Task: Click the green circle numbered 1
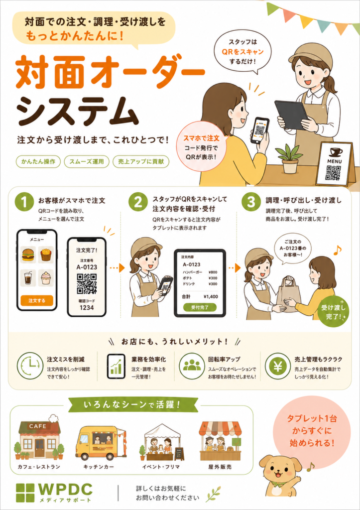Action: pyautogui.click(x=24, y=202)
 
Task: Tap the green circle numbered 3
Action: pyautogui.click(x=251, y=202)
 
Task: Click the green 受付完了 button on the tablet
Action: pyautogui.click(x=200, y=307)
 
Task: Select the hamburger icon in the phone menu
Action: pyautogui.click(x=28, y=255)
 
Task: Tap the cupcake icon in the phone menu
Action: pyautogui.click(x=45, y=278)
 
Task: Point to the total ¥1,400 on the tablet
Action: pyautogui.click(x=211, y=297)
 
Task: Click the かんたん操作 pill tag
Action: pyautogui.click(x=38, y=162)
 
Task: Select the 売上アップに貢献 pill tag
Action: pyautogui.click(x=141, y=162)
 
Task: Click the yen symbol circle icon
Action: pyautogui.click(x=277, y=366)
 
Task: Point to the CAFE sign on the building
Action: pyautogui.click(x=38, y=426)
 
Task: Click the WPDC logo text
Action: pyautogui.click(x=66, y=489)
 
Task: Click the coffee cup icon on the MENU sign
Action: pyautogui.click(x=335, y=152)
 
